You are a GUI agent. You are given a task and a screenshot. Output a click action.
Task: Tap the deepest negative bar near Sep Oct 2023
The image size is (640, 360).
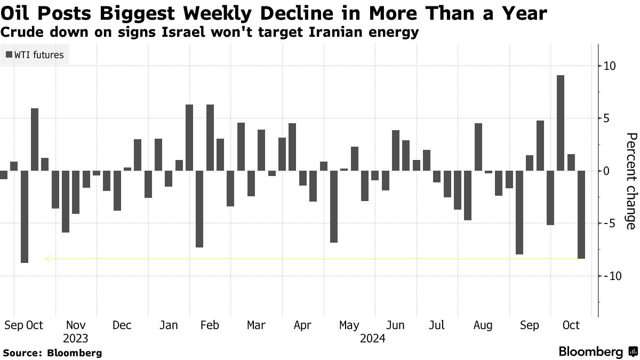tap(24, 217)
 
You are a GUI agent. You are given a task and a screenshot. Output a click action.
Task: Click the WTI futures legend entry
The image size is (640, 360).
tap(35, 54)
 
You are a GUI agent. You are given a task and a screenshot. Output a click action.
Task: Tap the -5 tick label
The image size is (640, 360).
tap(610, 223)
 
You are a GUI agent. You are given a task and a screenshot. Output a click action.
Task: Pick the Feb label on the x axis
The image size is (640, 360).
tap(209, 325)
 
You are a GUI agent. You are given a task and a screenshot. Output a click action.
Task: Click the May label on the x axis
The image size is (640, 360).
tap(349, 325)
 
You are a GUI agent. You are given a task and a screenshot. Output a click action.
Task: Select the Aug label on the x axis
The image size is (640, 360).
tap(483, 325)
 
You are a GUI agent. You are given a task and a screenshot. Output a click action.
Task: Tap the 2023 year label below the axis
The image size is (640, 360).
tap(75, 339)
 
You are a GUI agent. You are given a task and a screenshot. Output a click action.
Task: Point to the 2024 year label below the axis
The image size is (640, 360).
tap(373, 339)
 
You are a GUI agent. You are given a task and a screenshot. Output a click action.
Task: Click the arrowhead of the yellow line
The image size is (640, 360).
tap(47, 259)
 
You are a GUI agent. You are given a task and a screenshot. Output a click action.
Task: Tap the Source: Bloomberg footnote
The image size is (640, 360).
tap(52, 353)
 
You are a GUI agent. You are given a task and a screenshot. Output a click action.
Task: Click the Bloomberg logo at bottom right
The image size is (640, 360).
tap(597, 351)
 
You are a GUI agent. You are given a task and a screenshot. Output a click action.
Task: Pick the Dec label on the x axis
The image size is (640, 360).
tap(122, 325)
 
